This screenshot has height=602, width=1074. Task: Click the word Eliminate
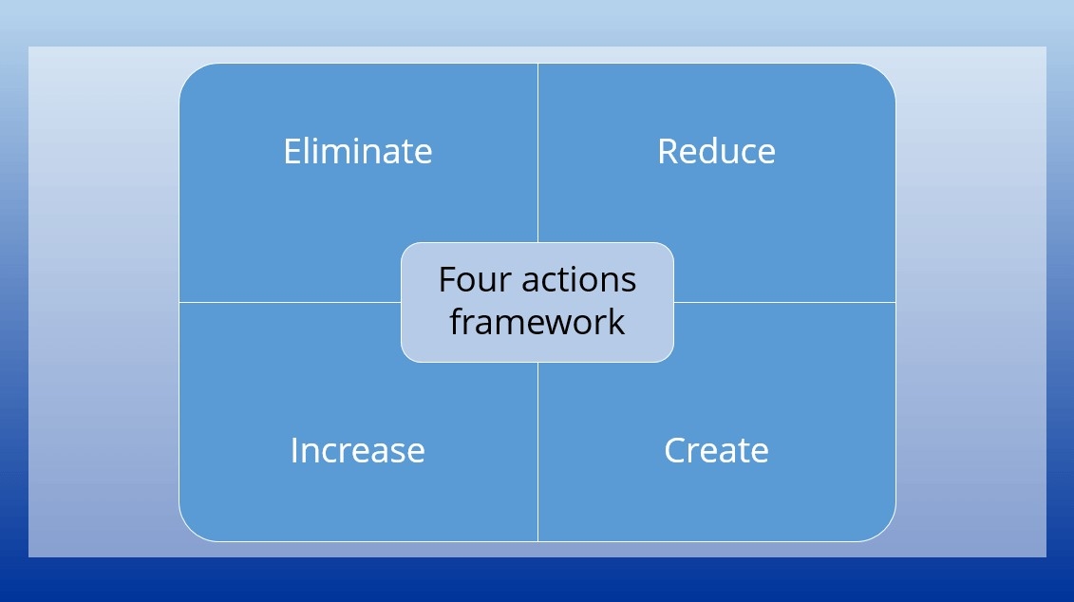pyautogui.click(x=358, y=151)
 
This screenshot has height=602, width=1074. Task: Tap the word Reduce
pyautogui.click(x=716, y=151)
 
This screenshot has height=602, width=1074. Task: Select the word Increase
pyautogui.click(x=358, y=451)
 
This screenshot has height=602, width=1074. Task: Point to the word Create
pyautogui.click(x=716, y=451)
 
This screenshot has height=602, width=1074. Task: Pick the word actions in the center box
pyautogui.click(x=578, y=280)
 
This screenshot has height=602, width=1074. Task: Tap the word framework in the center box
pyautogui.click(x=537, y=322)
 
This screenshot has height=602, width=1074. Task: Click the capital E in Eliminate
pyautogui.click(x=293, y=151)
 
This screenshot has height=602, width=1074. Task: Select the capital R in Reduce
pyautogui.click(x=669, y=151)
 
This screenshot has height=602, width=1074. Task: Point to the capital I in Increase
pyautogui.click(x=294, y=451)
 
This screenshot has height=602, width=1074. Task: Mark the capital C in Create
pyautogui.click(x=676, y=451)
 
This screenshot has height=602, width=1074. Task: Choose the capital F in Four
pyautogui.click(x=448, y=279)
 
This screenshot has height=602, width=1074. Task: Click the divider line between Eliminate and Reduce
pyautogui.click(x=537, y=153)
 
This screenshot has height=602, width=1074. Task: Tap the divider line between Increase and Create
pyautogui.click(x=537, y=452)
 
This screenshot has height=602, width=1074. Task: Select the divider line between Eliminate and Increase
pyautogui.click(x=291, y=302)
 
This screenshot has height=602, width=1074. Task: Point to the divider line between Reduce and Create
pyautogui.click(x=785, y=302)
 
